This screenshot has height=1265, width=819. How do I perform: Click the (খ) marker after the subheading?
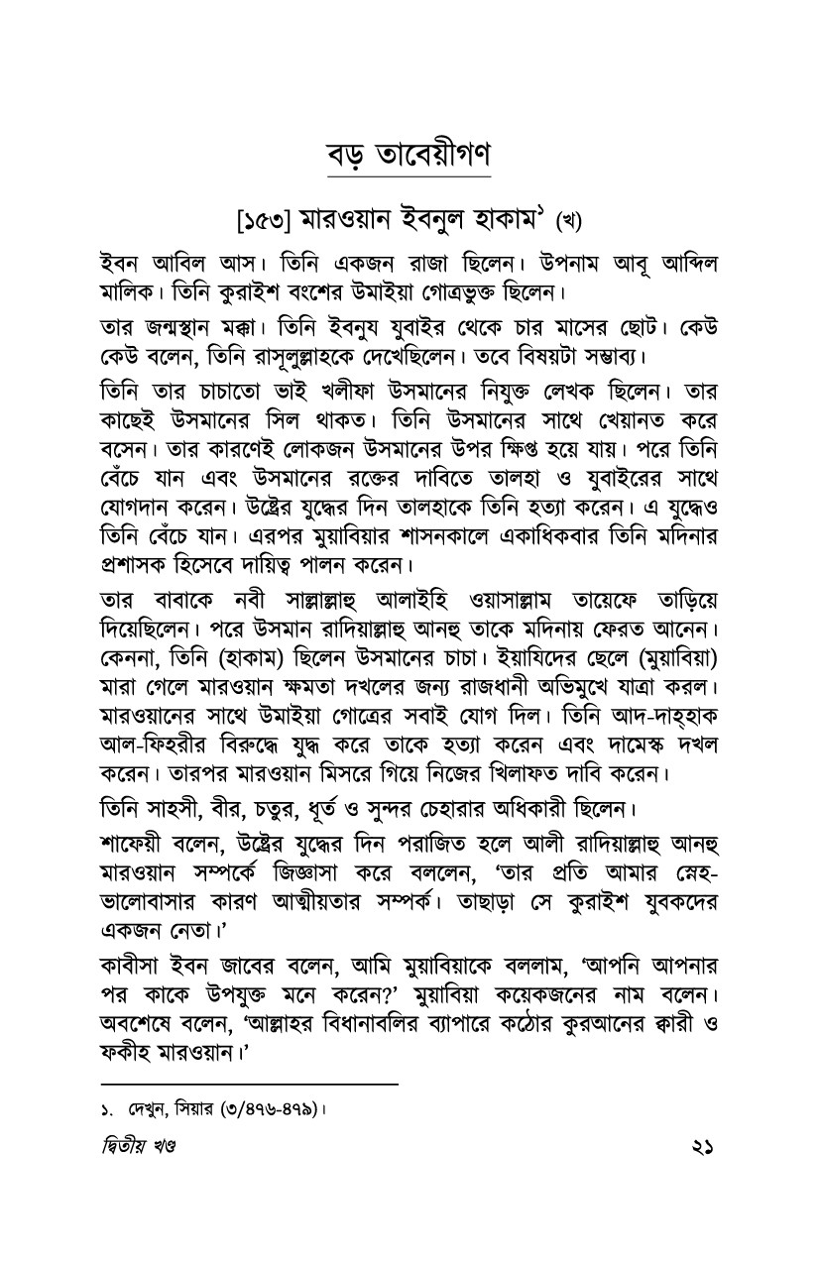coord(574,217)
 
